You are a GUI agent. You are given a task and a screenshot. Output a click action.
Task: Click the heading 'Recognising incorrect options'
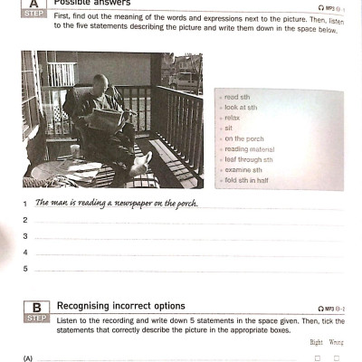click(120, 306)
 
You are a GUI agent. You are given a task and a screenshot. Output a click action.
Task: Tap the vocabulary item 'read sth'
click(238, 97)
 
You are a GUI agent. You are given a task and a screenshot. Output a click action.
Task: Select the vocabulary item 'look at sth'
click(242, 107)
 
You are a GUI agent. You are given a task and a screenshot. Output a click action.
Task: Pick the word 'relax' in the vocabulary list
click(233, 118)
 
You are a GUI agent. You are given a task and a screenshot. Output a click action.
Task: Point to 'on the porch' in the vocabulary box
click(245, 138)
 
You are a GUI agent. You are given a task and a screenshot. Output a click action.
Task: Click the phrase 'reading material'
click(250, 149)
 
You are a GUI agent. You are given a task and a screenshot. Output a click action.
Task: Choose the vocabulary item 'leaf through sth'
click(249, 159)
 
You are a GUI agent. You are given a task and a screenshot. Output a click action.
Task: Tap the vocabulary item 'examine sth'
click(243, 170)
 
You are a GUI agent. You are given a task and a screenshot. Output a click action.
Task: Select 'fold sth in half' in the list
click(247, 181)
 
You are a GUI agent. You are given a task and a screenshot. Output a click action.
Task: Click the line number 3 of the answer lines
click(25, 236)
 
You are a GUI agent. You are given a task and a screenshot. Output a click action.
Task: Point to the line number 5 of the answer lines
click(25, 268)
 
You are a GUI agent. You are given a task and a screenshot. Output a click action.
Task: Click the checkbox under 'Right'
click(317, 358)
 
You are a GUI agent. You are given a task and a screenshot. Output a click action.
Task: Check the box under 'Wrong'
click(338, 358)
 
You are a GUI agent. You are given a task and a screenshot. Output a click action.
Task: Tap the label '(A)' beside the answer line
click(28, 358)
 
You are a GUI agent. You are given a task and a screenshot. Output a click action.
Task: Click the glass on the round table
click(74, 152)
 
